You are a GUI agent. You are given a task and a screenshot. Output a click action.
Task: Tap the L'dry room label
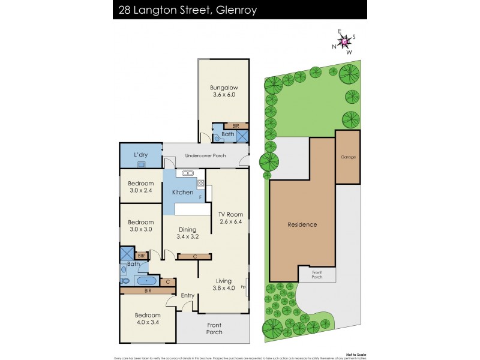141,154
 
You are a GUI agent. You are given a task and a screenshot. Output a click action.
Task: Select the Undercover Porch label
205,156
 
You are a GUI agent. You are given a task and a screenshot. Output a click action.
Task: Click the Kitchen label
182,193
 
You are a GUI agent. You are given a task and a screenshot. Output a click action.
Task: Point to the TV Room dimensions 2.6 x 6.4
229,223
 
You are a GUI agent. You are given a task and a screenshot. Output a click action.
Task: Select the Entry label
188,295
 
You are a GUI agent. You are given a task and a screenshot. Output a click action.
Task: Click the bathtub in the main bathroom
146,280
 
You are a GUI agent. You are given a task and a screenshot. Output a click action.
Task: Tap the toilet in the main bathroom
125,280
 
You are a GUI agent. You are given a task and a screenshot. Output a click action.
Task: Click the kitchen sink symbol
188,173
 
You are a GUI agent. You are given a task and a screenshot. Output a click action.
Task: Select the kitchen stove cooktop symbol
201,184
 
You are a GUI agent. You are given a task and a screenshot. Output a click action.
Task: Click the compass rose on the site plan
344,41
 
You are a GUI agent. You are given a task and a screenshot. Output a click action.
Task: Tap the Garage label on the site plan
348,157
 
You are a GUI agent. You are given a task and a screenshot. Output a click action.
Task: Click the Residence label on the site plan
302,224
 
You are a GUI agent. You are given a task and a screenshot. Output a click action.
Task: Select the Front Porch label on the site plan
316,274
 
